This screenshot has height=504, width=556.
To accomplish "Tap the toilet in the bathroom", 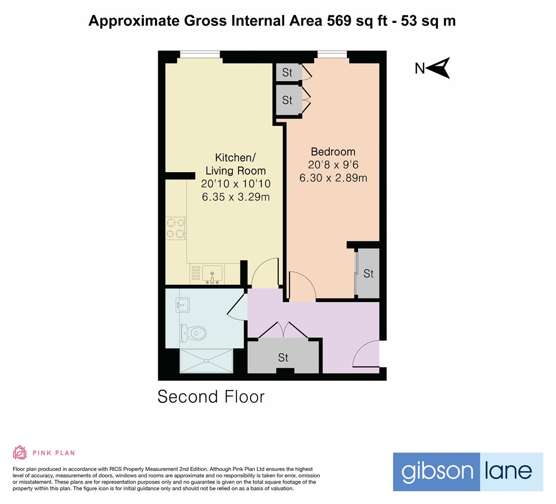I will pos(191,333).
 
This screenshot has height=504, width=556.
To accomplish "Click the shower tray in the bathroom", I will pos(206,361).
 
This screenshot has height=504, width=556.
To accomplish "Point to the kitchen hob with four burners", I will pos(176,229).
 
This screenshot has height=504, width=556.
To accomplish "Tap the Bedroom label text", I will pos(333,152).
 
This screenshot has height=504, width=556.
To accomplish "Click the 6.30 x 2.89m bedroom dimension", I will pos(333,178).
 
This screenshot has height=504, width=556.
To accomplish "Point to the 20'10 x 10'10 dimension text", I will pos(235,184).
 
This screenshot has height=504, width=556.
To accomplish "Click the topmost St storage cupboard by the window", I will pos(287,72).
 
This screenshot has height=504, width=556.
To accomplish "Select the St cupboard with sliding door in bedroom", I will pos(368,273).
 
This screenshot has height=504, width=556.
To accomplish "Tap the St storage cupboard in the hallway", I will pos(283,357).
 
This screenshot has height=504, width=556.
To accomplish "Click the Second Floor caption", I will pos(211,397).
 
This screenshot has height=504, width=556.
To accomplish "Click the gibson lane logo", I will pos(467,471).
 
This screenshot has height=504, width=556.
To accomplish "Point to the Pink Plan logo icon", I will pos(20,452).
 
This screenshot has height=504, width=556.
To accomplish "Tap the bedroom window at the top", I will pos(332,54).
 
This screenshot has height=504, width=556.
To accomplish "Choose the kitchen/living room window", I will pos(199,54).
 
